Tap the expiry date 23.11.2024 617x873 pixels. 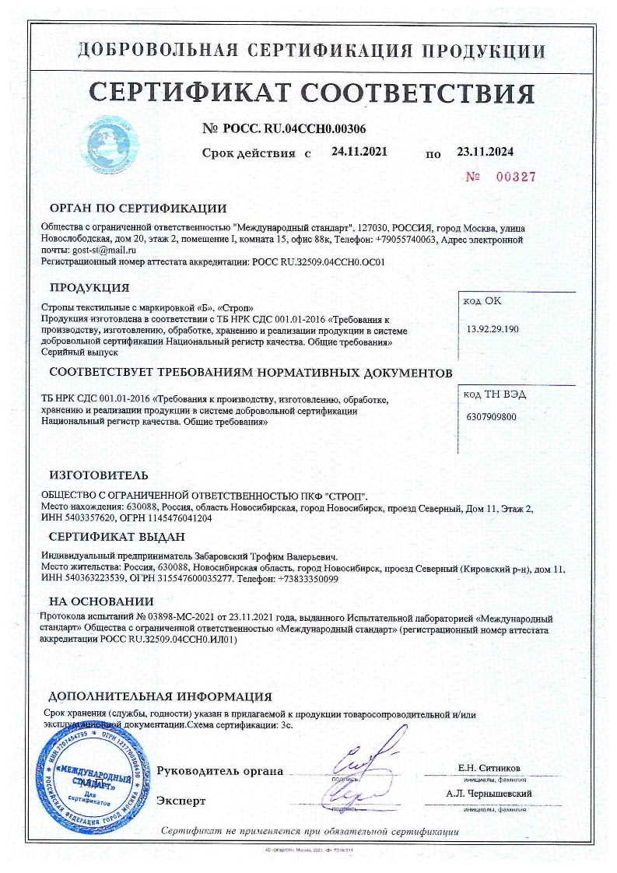tap(485, 152)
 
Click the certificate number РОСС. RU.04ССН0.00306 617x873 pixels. tap(296, 128)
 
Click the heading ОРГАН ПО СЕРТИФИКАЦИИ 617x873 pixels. tap(138, 209)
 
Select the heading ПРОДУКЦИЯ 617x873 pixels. tap(89, 287)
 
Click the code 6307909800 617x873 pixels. tap(490, 416)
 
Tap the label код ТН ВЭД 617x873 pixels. tap(494, 394)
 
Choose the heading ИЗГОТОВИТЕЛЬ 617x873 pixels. tap(98, 475)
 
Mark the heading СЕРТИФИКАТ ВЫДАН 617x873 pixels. tap(117, 537)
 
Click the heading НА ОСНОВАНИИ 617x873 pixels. tap(101, 601)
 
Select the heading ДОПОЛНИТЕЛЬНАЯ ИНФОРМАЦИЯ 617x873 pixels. tap(160, 696)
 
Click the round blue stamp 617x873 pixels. tap(93, 774)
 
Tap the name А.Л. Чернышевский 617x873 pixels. tap(489, 793)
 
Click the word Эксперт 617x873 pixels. tap(181, 799)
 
